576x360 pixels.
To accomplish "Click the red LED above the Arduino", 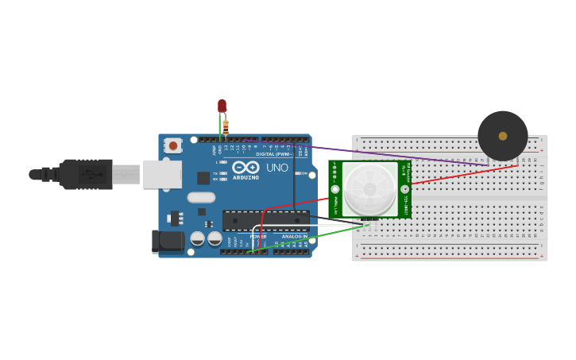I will pyautogui.click(x=222, y=106).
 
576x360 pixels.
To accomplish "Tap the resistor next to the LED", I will pyautogui.click(x=226, y=126).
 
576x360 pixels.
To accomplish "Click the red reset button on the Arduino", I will pyautogui.click(x=173, y=146).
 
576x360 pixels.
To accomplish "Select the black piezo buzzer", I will pyautogui.click(x=502, y=136).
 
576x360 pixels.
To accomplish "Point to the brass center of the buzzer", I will pyautogui.click(x=503, y=136).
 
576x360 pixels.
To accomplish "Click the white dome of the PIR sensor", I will pyautogui.click(x=370, y=189).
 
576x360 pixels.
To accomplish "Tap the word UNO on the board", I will pyautogui.click(x=277, y=168).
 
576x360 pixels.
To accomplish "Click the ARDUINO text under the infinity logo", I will pyautogui.click(x=246, y=177).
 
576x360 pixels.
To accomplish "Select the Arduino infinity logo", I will pyautogui.click(x=246, y=168).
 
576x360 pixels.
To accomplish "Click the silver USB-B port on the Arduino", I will pyautogui.click(x=162, y=174).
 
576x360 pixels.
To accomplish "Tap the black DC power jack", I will pyautogui.click(x=168, y=241).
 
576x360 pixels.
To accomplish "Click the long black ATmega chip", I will pyautogui.click(x=265, y=221).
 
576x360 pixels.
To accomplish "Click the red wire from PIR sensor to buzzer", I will pyautogui.click(x=461, y=175).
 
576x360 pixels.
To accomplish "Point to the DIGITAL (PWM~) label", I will pyautogui.click(x=273, y=154).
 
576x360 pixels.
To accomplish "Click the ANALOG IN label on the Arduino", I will pyautogui.click(x=294, y=236).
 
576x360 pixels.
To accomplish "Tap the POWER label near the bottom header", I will pyautogui.click(x=258, y=236).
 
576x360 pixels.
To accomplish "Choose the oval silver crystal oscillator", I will pyautogui.click(x=201, y=197).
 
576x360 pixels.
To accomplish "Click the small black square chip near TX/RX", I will pyautogui.click(x=203, y=178).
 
